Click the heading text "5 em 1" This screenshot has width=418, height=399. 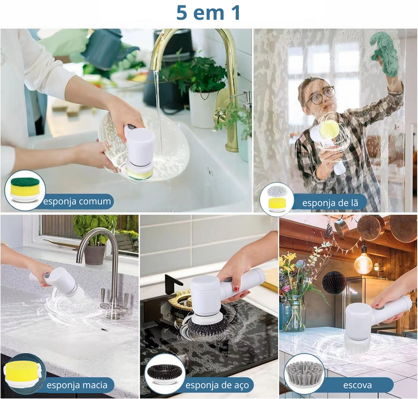[x=208, y=13]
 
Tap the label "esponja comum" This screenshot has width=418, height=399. [x=77, y=201]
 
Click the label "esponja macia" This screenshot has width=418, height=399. [x=77, y=385]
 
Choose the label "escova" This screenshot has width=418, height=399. [x=357, y=385]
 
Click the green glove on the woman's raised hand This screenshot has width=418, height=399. [x=385, y=52]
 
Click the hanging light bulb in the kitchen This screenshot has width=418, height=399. [x=363, y=263]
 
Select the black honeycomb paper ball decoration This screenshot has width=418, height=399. [x=334, y=283]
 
